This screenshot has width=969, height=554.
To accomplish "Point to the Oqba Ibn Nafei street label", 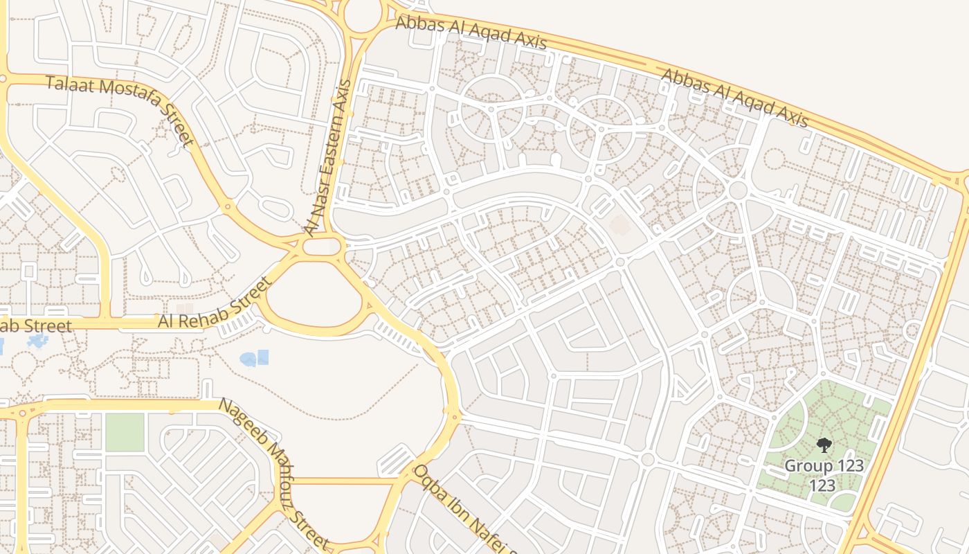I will [464, 509].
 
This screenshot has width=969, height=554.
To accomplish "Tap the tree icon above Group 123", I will [824, 445].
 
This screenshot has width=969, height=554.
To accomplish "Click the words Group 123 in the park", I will [824, 465].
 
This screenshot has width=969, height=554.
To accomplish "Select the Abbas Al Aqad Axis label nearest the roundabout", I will [471, 33].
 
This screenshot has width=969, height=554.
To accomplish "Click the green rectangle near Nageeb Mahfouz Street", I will [125, 431].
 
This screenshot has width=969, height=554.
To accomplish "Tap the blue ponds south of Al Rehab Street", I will [254, 358].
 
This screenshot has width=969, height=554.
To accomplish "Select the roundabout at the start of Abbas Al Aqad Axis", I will [363, 15].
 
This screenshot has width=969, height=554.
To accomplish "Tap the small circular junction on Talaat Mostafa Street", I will [227, 206].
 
